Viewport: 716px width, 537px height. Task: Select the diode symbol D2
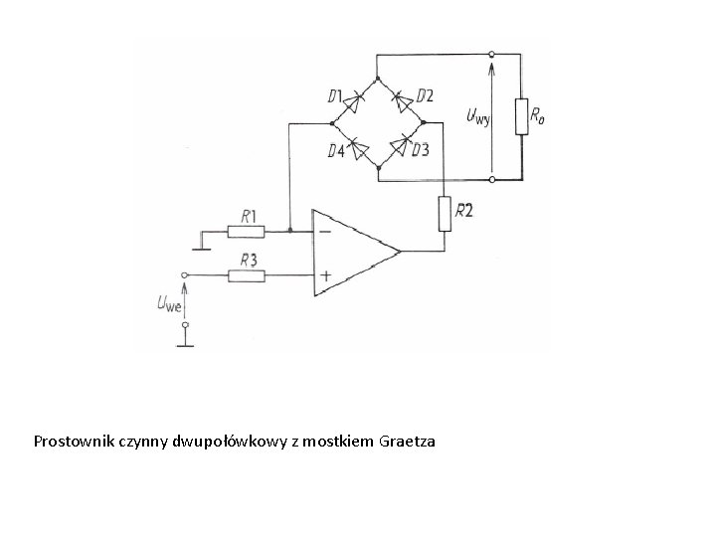(x=402, y=99)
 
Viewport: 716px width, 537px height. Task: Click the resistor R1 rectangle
(x=246, y=232)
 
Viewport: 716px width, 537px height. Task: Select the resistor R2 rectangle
(x=444, y=211)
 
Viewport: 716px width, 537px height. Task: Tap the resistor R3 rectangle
(x=246, y=273)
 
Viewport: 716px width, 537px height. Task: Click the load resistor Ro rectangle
(x=521, y=116)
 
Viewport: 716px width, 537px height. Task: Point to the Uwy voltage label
(x=477, y=118)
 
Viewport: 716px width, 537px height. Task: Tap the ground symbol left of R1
(x=199, y=241)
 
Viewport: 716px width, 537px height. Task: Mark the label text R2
(x=464, y=210)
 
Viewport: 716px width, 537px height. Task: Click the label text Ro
(x=538, y=116)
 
